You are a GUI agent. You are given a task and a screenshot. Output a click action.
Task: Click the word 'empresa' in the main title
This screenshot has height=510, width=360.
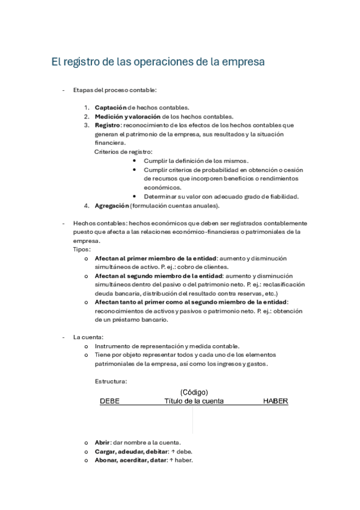[x=240, y=62]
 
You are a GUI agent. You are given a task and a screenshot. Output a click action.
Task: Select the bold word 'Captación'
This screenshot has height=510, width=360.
[x=112, y=107]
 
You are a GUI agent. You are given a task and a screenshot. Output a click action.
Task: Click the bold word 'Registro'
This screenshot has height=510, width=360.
[x=108, y=125]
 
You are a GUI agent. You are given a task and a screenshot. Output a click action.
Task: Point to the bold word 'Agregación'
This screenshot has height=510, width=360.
[x=112, y=206]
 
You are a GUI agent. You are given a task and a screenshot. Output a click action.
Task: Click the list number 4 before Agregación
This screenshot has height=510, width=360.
[x=87, y=206]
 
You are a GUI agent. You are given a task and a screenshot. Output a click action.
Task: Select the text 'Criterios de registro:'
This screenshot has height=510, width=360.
[x=124, y=152]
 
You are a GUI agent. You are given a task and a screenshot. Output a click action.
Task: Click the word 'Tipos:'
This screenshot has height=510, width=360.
[x=82, y=248]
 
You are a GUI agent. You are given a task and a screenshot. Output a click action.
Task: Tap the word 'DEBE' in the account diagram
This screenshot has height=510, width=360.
[x=109, y=401]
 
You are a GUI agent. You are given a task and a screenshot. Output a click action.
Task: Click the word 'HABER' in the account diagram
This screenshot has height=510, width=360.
[x=276, y=401]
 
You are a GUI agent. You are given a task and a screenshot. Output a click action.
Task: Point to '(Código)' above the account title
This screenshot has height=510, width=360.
[x=194, y=392]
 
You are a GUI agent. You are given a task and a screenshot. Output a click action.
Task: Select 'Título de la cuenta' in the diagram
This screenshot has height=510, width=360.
[x=194, y=401]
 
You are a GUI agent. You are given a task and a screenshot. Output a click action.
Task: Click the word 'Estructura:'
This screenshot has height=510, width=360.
[x=111, y=381]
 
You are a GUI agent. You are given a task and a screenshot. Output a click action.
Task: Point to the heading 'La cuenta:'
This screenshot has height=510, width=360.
[x=88, y=337]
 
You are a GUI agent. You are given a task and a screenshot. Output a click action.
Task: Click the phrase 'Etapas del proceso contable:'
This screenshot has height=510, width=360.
[x=114, y=90]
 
